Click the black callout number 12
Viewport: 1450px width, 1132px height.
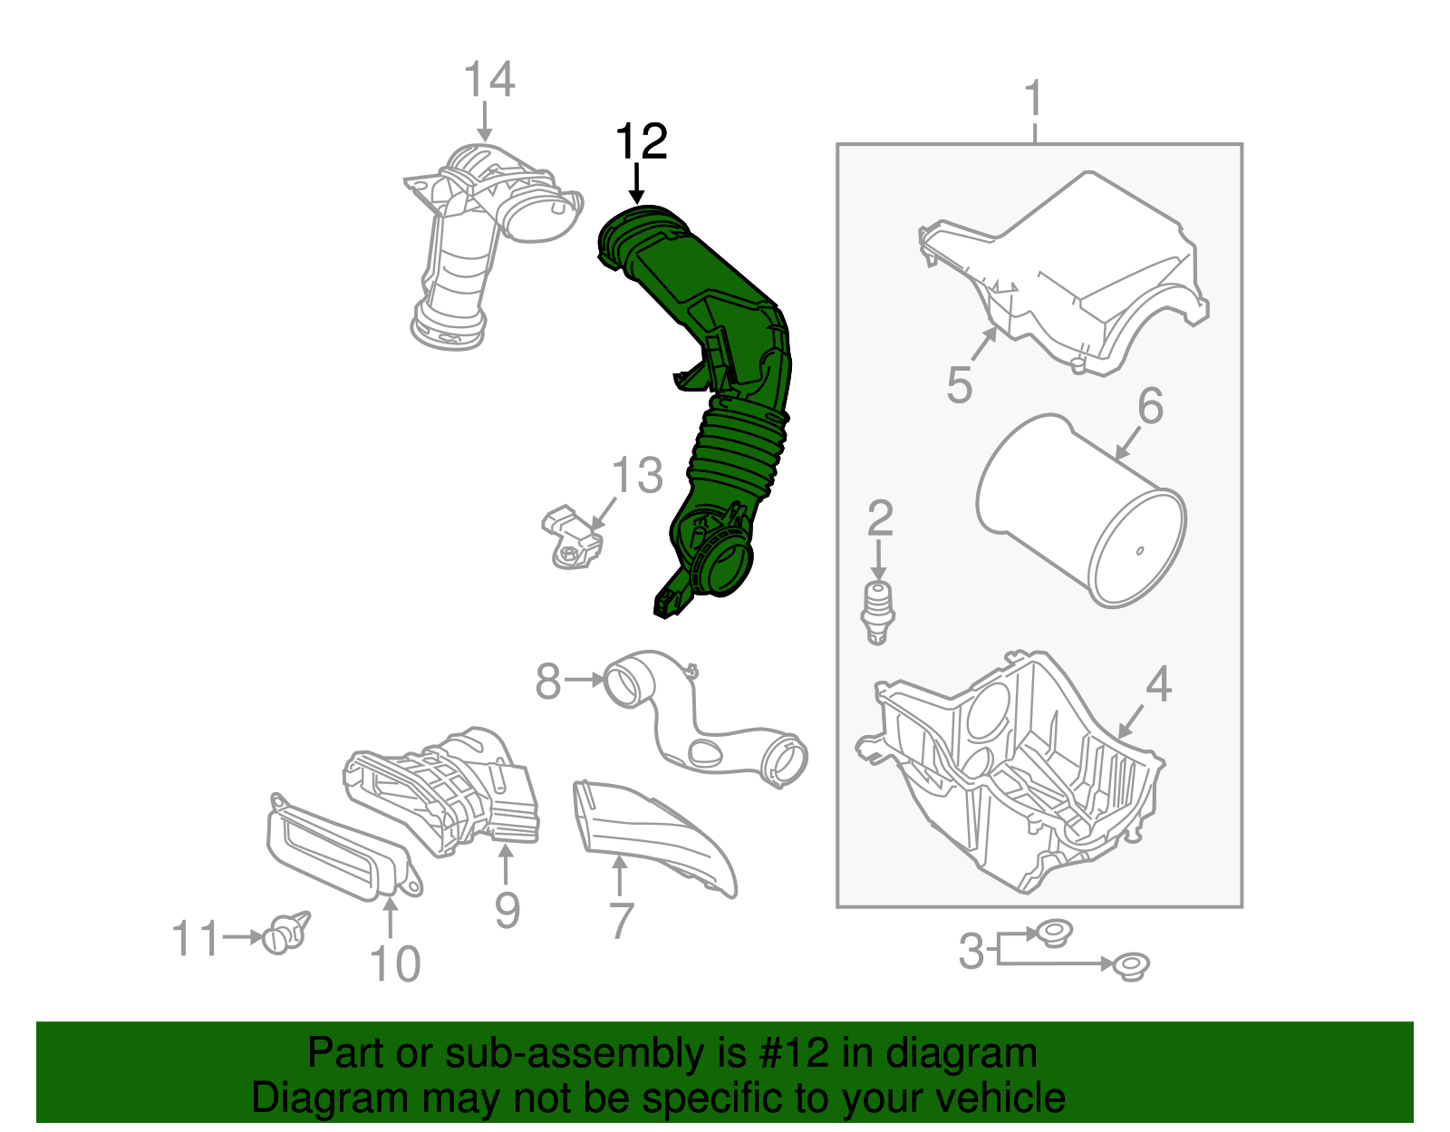click(x=641, y=142)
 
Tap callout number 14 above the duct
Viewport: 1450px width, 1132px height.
click(x=488, y=80)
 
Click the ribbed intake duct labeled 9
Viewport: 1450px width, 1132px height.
click(x=444, y=789)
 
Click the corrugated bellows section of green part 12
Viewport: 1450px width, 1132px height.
click(x=734, y=453)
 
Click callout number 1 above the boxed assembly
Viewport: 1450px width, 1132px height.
click(x=1033, y=100)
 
